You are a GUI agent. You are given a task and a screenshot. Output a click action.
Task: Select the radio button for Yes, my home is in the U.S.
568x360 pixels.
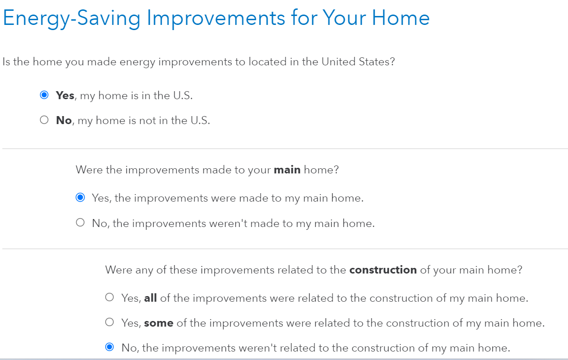click(44, 95)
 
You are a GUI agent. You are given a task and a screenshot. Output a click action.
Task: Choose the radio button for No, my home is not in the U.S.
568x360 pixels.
click(44, 120)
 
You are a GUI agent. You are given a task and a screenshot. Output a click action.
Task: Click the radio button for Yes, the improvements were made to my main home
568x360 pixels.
click(80, 197)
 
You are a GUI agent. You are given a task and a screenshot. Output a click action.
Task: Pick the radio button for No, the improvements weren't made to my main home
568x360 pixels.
click(80, 222)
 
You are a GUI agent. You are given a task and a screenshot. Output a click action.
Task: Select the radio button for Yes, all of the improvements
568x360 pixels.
click(109, 297)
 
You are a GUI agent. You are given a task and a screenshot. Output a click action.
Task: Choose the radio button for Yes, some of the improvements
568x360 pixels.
click(109, 322)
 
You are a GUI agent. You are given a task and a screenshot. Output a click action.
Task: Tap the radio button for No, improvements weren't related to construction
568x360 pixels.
click(109, 347)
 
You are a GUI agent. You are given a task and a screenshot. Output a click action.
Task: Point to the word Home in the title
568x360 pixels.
click(401, 18)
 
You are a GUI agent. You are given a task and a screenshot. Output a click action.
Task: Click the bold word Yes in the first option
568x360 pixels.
click(65, 95)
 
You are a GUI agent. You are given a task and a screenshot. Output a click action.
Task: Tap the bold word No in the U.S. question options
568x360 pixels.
click(63, 120)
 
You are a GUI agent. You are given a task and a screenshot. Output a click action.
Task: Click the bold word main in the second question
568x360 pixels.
click(287, 170)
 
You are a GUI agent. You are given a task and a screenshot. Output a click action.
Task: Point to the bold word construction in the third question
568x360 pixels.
click(383, 270)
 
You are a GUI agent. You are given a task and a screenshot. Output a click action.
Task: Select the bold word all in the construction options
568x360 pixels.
click(150, 298)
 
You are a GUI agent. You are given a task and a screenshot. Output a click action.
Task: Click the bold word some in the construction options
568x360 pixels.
click(159, 323)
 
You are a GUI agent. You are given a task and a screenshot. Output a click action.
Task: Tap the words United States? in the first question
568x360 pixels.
click(358, 62)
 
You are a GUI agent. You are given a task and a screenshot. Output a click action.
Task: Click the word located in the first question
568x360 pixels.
click(267, 62)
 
